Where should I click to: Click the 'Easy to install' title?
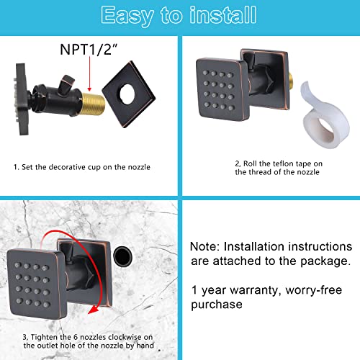click(x=179, y=15)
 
